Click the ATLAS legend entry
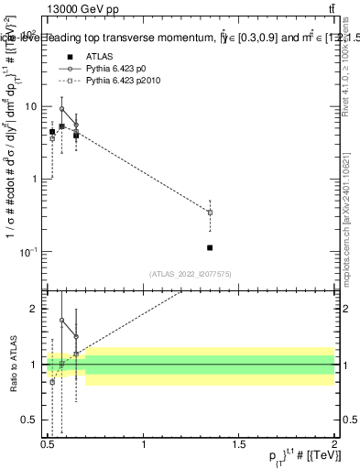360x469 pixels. (99, 56)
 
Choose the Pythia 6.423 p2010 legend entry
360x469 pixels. (126, 82)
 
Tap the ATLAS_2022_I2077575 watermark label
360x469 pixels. (191, 273)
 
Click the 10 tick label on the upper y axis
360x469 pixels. (30, 106)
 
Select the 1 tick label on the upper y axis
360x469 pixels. (33, 179)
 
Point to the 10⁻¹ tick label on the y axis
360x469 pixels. (27, 250)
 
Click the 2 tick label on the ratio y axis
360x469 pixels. (33, 309)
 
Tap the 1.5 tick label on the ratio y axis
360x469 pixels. (29, 336)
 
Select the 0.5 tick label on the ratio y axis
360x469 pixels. (29, 392)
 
